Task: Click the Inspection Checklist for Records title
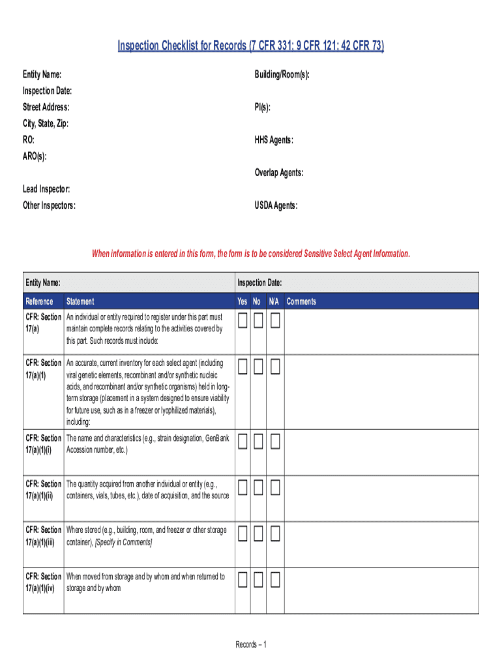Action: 251,46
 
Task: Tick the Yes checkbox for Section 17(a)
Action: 243,320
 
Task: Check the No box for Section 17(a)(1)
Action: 259,366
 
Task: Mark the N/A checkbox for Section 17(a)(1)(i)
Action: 275,442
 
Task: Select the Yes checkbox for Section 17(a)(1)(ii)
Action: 243,487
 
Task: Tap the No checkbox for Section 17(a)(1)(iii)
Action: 259,534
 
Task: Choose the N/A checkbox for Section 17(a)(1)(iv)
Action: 275,579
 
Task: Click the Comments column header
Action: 301,301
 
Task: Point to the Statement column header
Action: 80,301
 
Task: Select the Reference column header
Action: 40,301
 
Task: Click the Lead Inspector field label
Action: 46,189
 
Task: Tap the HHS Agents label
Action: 274,140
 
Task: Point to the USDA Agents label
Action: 276,206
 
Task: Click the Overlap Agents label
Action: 279,173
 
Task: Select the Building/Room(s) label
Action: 282,75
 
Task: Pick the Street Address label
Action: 46,107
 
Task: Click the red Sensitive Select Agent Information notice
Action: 251,253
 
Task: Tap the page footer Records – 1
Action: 251,645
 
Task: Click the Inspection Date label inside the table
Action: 259,282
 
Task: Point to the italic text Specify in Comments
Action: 124,542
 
